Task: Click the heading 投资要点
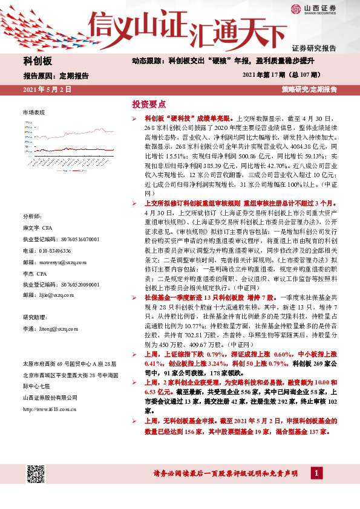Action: (x=148, y=104)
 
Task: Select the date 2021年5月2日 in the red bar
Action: (x=47, y=89)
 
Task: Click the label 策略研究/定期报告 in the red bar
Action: (x=309, y=89)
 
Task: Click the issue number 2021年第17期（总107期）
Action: (x=286, y=76)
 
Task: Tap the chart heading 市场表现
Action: (x=34, y=113)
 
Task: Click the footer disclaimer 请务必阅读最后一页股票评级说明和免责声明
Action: (x=227, y=473)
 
